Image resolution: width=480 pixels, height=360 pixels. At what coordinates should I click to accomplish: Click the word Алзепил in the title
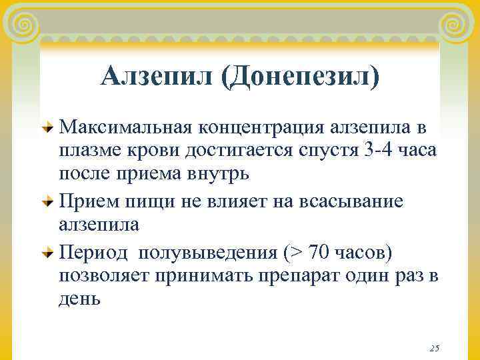pyautogui.click(x=157, y=77)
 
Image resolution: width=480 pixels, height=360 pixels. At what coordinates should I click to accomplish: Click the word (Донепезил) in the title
pyautogui.click(x=300, y=77)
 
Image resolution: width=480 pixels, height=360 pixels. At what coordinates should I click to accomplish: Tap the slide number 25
pyautogui.click(x=434, y=348)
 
